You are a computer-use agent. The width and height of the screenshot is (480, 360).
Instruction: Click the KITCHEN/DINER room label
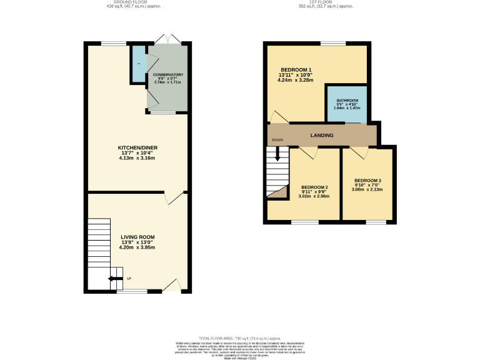click(137, 147)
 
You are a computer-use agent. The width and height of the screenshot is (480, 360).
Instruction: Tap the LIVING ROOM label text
click(137, 237)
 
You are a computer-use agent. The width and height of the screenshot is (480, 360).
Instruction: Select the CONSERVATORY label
click(168, 74)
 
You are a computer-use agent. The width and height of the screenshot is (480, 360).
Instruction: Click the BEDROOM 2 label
click(314, 187)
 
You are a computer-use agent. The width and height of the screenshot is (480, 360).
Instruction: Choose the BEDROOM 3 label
click(367, 181)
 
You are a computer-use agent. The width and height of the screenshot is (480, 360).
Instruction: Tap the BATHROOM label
click(347, 100)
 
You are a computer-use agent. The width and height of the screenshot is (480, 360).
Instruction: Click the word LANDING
click(322, 135)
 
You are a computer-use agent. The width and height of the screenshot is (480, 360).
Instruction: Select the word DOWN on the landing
click(277, 140)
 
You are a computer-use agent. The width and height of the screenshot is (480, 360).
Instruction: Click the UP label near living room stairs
click(129, 279)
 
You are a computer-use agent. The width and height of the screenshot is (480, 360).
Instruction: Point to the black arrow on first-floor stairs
click(278, 154)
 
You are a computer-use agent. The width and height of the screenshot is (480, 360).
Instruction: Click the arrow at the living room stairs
click(114, 279)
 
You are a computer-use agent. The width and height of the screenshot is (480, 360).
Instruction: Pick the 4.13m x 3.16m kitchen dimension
click(137, 158)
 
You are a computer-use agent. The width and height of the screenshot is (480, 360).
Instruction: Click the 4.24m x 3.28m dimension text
click(296, 80)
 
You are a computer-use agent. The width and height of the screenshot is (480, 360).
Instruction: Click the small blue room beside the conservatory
click(137, 64)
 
